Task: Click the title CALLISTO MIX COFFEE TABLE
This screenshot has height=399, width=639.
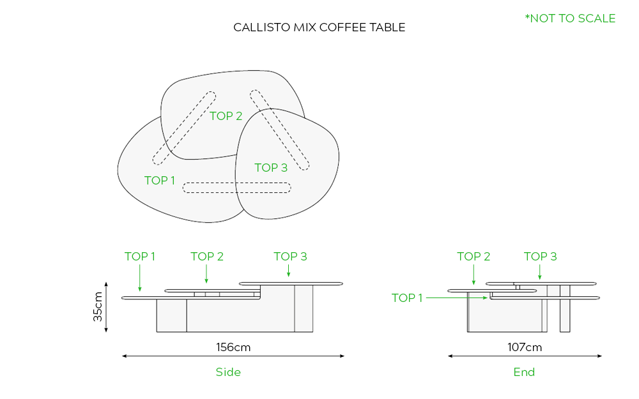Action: click(319, 27)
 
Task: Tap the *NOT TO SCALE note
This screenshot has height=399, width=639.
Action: click(570, 19)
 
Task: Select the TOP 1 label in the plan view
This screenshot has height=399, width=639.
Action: click(160, 181)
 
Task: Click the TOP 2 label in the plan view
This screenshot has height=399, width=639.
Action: click(226, 116)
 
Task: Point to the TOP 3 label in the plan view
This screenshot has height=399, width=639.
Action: click(271, 168)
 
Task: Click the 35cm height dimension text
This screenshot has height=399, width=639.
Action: click(98, 307)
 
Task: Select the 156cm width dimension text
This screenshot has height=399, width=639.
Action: click(233, 347)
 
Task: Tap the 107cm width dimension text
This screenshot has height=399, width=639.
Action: click(524, 347)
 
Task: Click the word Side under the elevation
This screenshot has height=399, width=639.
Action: click(228, 372)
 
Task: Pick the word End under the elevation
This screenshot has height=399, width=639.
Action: click(524, 372)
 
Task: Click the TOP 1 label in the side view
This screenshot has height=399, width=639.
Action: click(140, 257)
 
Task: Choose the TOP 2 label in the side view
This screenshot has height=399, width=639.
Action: click(207, 257)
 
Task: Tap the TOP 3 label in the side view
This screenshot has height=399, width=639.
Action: click(290, 257)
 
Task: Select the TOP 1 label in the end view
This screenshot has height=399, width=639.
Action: click(407, 298)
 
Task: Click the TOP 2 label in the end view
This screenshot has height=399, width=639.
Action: click(473, 257)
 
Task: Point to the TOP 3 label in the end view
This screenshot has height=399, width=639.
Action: click(541, 257)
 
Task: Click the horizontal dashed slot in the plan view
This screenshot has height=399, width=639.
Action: click(237, 188)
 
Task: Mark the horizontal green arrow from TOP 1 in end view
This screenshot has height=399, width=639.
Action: click(458, 297)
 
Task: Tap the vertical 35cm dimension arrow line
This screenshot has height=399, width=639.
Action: click(107, 307)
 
